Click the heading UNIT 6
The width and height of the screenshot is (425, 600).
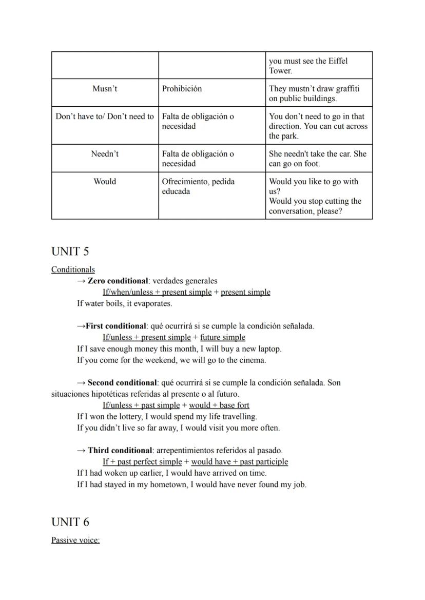(70, 522)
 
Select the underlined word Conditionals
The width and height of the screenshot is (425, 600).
(73, 269)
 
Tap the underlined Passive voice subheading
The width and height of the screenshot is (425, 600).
(75, 540)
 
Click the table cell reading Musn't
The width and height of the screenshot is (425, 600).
(105, 89)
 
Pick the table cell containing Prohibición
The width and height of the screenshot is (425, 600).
(182, 89)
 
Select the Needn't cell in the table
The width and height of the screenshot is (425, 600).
(105, 154)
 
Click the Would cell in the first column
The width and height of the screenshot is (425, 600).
(105, 182)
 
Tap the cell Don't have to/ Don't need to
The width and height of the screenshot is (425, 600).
(105, 117)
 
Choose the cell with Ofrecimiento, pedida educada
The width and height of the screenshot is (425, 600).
(198, 186)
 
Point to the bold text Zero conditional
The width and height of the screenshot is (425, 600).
(118, 281)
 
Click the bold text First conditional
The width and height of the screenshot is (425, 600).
(116, 326)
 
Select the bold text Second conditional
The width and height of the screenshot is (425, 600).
(122, 382)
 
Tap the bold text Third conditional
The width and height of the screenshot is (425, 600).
(120, 451)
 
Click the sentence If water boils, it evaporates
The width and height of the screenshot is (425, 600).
(125, 303)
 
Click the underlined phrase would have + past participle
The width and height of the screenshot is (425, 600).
(239, 462)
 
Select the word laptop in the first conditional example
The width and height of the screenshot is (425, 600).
(268, 349)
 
